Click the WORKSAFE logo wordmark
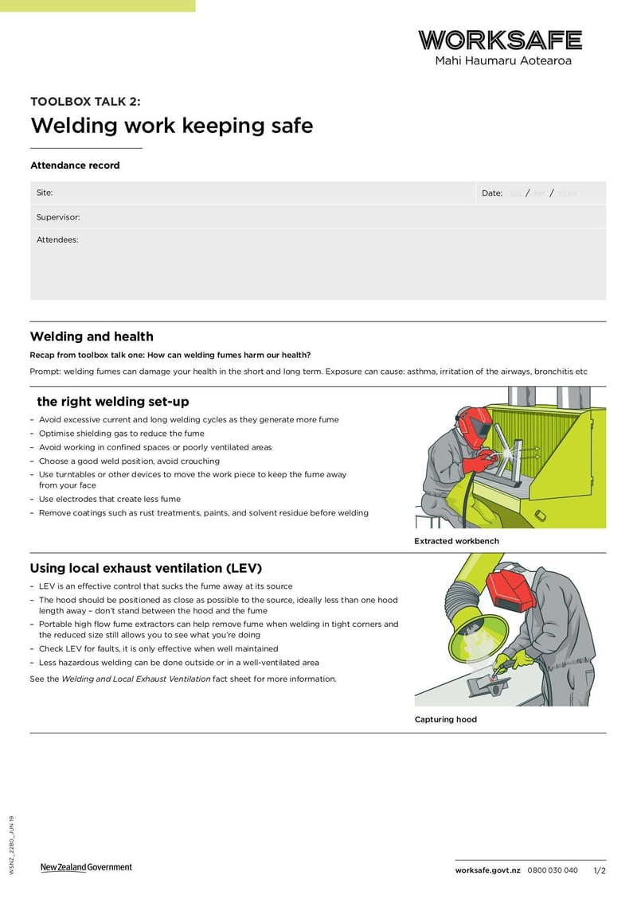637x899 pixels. pos(500,40)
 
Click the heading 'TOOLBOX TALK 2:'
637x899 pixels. pos(85,101)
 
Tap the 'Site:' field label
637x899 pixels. pos(45,193)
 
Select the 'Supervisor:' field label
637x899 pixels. pos(58,217)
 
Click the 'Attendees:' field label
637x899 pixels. pos(57,239)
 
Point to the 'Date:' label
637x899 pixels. pos(492,193)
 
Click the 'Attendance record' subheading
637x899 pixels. pos(75,165)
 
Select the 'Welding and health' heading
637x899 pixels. pos(92,337)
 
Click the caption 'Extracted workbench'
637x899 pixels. pos(456,541)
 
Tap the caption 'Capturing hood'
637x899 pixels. pos(445,719)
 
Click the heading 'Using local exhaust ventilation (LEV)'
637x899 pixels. pos(146,568)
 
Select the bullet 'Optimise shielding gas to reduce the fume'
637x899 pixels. pos(122,434)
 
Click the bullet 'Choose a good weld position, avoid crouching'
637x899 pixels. pos(129,461)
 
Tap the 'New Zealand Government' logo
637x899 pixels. pos(86,867)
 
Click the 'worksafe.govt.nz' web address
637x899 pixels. pos(487,870)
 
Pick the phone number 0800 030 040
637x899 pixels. pos(553,870)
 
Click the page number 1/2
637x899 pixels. pos(600,870)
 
